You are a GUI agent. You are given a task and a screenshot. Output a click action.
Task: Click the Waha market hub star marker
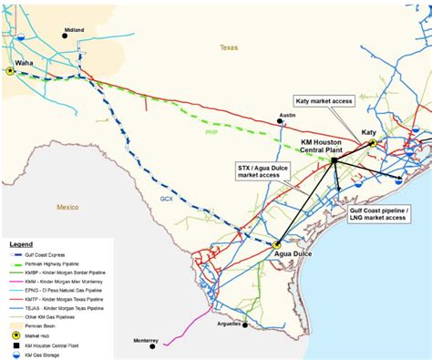pos(10,70)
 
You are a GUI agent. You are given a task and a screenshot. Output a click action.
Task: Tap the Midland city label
pos(75,29)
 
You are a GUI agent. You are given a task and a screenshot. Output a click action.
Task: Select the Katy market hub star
pos(373,143)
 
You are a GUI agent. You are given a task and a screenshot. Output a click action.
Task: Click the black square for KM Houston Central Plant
pos(335,160)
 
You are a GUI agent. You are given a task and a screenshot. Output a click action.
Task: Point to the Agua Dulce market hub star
pos(276,243)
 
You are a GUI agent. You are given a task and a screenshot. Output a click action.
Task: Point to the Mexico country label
pos(68,208)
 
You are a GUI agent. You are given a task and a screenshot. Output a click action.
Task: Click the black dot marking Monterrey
pos(166,345)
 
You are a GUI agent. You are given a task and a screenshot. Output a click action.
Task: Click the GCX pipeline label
pos(167,199)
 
